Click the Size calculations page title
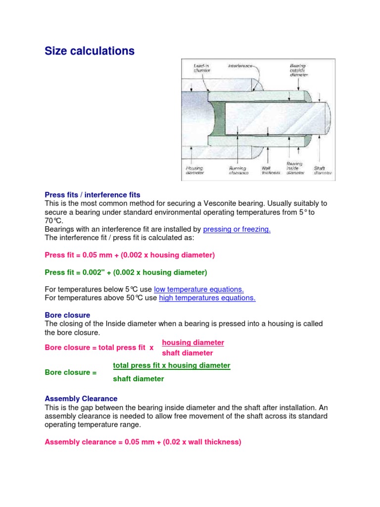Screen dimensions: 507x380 (90, 51)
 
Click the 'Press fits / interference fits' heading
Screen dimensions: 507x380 (93, 195)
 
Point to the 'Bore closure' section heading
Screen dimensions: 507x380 (67, 315)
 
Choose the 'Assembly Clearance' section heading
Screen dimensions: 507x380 (81, 399)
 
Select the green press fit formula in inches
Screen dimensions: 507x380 (126, 272)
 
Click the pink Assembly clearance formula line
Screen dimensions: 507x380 (143, 442)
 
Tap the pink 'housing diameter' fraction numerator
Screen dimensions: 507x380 (193, 343)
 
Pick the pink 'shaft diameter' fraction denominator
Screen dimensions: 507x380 (188, 353)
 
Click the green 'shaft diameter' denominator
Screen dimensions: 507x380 (139, 379)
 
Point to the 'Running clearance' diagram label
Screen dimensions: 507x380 (238, 170)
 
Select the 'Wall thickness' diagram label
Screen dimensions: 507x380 (270, 170)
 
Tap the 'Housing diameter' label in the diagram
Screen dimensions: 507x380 (194, 170)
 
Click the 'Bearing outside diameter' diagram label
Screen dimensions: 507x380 (298, 70)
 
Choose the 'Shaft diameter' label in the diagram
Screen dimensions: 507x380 (323, 170)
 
